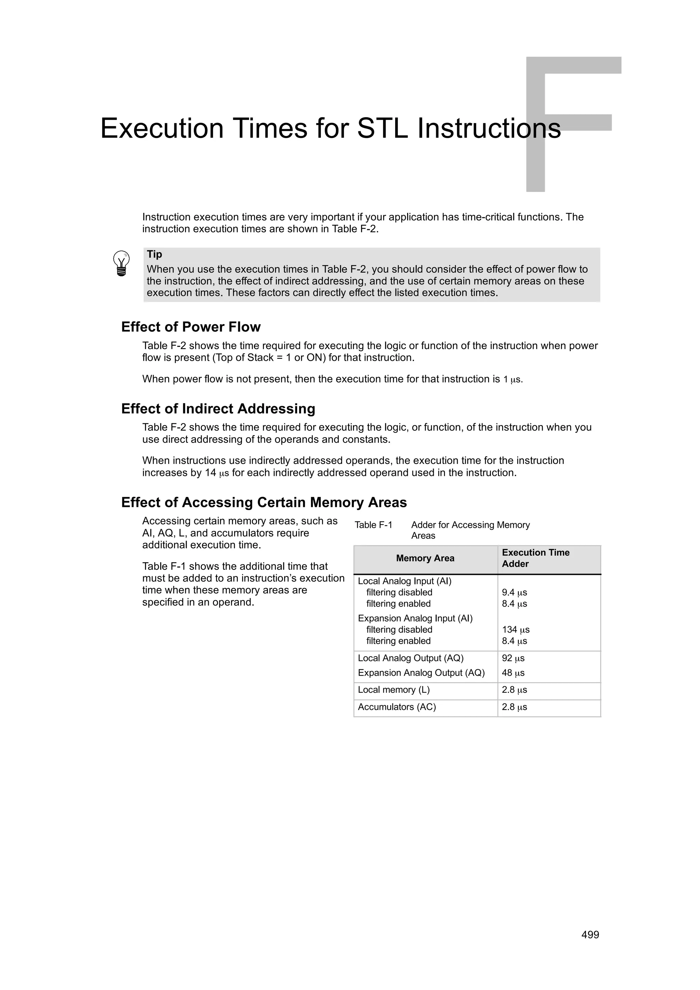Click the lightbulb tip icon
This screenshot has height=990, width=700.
coord(121,263)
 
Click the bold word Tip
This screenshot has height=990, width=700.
coord(154,255)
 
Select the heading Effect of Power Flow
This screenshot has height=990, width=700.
coord(191,327)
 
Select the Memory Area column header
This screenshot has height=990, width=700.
coord(425,559)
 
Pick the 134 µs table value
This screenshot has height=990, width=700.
coord(515,630)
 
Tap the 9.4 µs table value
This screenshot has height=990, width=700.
coord(514,592)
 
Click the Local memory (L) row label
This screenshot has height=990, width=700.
coord(393,689)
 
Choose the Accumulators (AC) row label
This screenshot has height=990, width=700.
coord(397,707)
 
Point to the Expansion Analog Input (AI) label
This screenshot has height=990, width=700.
coord(415,618)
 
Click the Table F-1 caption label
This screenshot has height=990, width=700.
coord(373,525)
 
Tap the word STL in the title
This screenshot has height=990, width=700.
coord(382,128)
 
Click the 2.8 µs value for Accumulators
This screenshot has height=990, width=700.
coord(514,707)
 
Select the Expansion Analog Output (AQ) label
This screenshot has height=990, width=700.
coord(421,673)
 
